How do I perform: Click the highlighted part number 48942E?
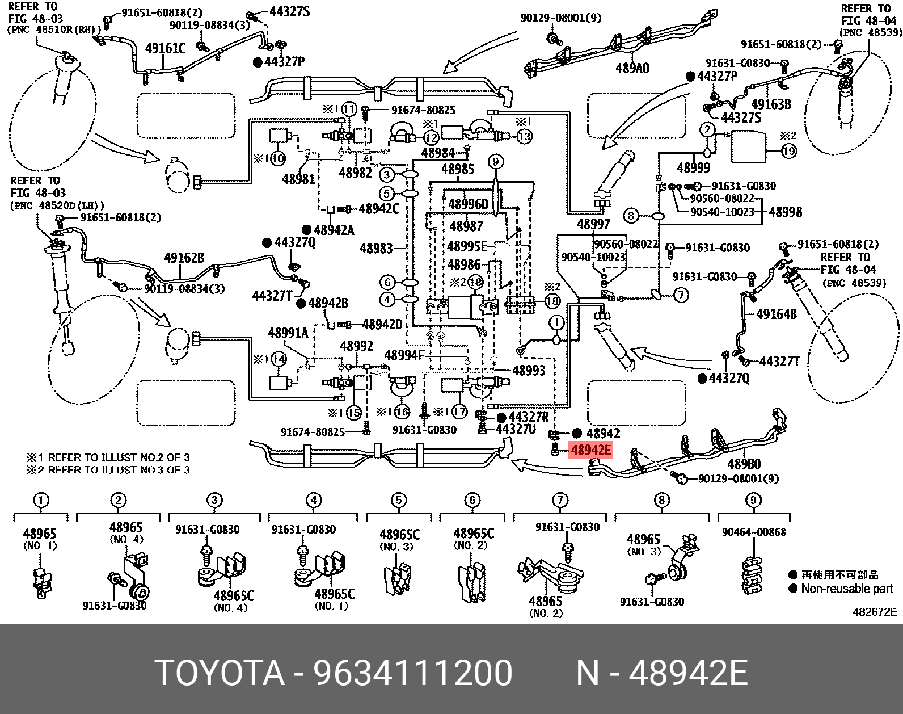point(591,451)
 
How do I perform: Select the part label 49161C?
point(165,48)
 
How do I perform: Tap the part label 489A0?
point(632,69)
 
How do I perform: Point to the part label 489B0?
point(744,464)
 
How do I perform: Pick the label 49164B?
point(777,314)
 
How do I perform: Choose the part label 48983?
point(376,248)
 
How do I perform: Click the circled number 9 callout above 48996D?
point(495,162)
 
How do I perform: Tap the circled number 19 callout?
point(789,151)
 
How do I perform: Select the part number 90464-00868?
point(754,532)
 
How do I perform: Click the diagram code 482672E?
point(875,612)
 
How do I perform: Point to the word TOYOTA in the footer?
point(220,673)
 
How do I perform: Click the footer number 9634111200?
point(413,673)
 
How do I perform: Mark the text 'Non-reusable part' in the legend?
point(847,589)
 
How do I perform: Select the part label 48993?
point(528,370)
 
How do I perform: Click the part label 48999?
point(693,167)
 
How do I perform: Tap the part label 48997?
point(593,224)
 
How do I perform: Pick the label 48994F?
point(404,355)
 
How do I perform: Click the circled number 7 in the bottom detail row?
point(560,500)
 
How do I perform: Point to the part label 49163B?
point(771,104)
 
